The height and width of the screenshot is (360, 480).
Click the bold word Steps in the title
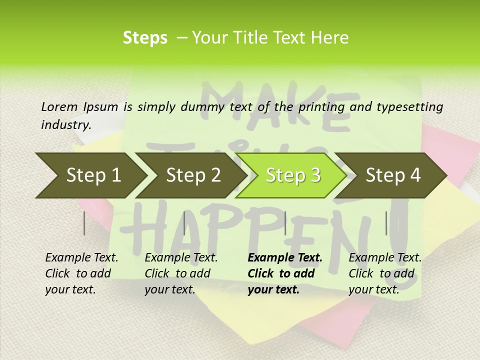tap(145, 38)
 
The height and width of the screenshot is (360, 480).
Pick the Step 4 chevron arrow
tap(393, 175)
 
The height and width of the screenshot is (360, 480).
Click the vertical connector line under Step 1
tap(84, 223)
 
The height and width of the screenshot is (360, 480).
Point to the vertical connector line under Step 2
tap(184, 223)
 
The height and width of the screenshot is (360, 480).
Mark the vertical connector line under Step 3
tap(285, 223)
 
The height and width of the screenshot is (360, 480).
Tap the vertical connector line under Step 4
tap(386, 223)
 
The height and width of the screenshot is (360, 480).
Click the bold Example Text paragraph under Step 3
tap(284, 273)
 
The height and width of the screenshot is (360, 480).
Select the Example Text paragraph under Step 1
tap(81, 273)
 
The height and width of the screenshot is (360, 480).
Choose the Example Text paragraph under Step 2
tap(181, 273)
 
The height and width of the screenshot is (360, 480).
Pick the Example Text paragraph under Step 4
tap(385, 273)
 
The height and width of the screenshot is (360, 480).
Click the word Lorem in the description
tap(59, 106)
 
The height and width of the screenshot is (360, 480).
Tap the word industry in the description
tap(66, 125)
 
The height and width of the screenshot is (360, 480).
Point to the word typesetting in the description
tap(414, 107)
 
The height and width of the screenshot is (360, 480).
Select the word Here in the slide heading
tap(330, 38)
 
